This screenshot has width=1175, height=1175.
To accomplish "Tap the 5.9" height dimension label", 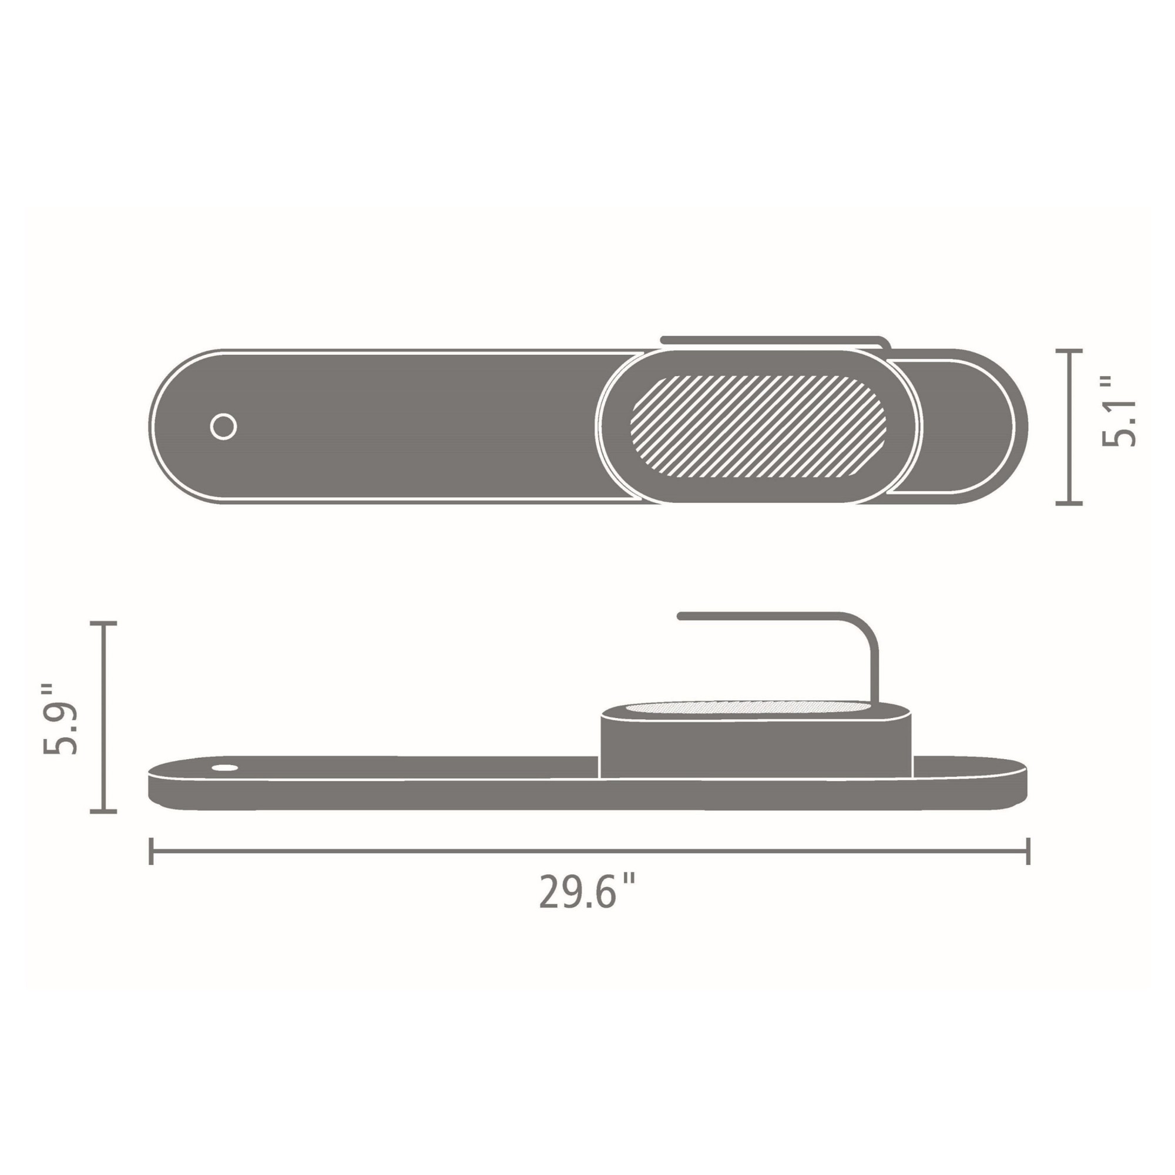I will click(x=61, y=719).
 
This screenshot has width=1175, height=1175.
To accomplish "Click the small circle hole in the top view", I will click(x=223, y=427).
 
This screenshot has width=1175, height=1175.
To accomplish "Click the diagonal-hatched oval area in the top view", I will click(x=758, y=426).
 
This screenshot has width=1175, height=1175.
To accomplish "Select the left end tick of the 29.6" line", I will click(x=151, y=851).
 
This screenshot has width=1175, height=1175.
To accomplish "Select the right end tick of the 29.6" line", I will click(x=1028, y=851).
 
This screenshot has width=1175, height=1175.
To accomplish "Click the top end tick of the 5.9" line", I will click(x=103, y=623).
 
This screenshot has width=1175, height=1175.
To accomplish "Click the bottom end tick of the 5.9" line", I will click(x=103, y=811).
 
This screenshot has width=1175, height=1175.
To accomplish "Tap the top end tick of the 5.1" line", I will click(x=1069, y=351).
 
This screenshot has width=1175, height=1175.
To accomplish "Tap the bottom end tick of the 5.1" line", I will click(x=1069, y=503).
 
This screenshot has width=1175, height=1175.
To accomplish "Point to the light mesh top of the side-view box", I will click(x=748, y=708).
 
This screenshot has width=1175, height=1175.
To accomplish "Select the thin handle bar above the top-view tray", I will click(x=773, y=340).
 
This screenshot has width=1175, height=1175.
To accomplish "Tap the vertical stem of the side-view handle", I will click(x=875, y=672).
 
